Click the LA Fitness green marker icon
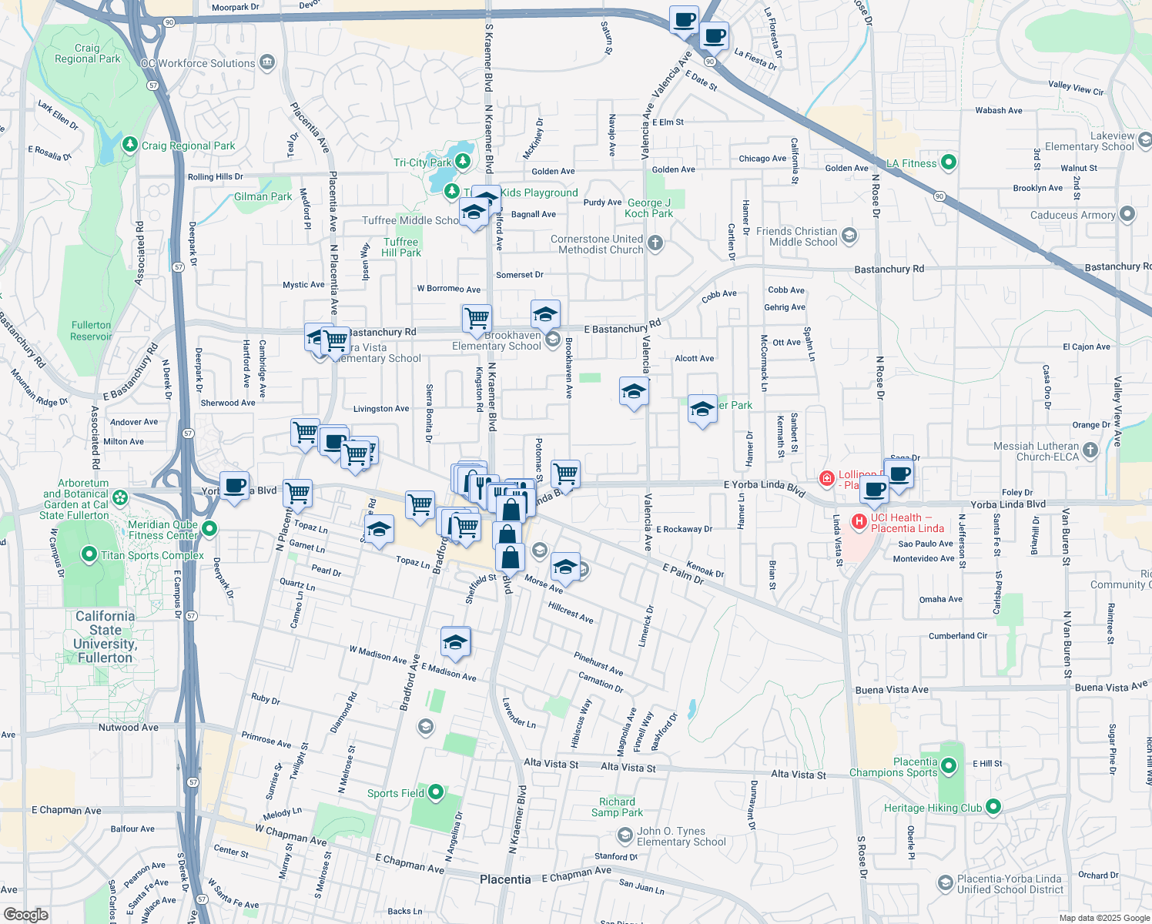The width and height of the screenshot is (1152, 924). (x=949, y=162)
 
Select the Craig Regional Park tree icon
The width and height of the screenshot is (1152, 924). (x=130, y=145)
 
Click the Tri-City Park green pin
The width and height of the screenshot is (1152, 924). (x=462, y=162)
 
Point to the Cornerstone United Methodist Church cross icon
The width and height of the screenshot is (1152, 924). (x=655, y=244)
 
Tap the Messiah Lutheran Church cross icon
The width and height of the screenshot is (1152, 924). (x=1090, y=450)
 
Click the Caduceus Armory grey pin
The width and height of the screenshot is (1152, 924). (x=1127, y=214)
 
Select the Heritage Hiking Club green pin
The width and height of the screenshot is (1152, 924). (x=993, y=807)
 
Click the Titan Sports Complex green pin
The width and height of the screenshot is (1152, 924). (x=89, y=554)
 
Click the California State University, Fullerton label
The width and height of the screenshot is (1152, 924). (x=105, y=637)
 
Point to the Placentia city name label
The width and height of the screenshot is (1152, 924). (x=505, y=879)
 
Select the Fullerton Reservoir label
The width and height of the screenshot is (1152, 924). (x=91, y=331)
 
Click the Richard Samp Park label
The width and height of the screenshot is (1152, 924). (x=617, y=807)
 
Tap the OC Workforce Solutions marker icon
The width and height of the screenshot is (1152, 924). (x=267, y=62)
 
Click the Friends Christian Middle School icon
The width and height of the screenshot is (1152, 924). (x=849, y=236)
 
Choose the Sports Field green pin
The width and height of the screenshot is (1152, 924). (x=436, y=792)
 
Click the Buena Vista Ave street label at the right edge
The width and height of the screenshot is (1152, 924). (x=1110, y=687)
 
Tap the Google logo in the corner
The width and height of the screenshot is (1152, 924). (x=26, y=915)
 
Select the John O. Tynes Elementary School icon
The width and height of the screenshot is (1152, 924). (x=625, y=835)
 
